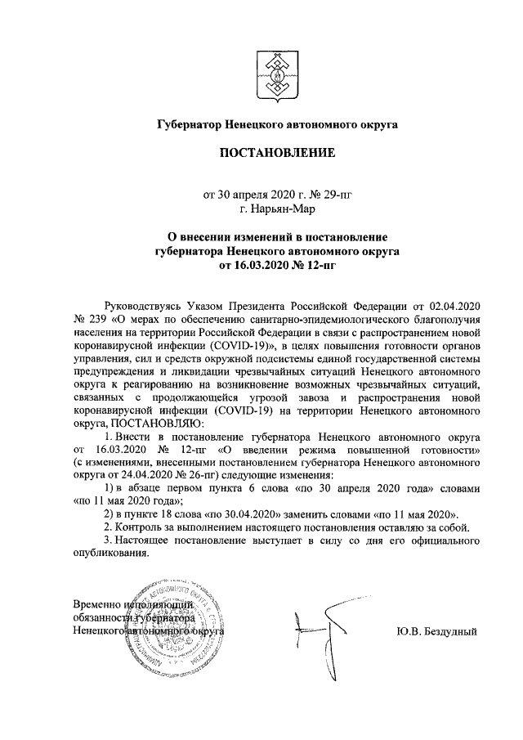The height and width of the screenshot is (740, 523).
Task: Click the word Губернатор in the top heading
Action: point(190,125)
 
